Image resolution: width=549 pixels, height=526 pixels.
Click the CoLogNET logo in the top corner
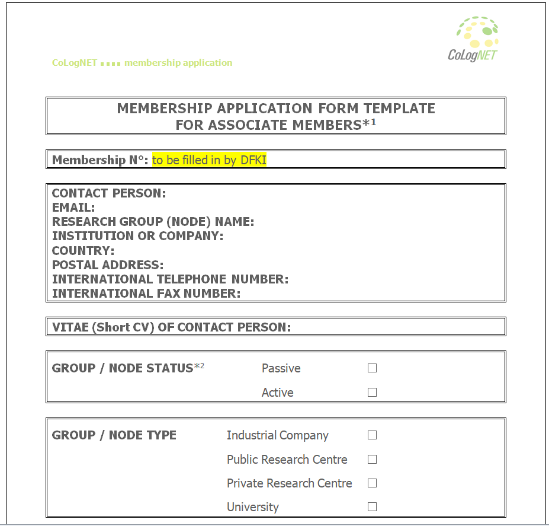(474, 39)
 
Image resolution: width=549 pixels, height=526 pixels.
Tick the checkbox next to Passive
(372, 368)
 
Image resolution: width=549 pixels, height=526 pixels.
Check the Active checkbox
(372, 392)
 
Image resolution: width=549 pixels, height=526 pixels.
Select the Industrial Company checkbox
(372, 435)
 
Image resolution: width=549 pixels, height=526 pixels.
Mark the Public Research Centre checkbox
(372, 459)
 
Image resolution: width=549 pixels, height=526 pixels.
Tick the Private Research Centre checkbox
(372, 483)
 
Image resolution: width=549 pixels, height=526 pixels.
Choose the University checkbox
(372, 506)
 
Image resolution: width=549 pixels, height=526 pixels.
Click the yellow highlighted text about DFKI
(209, 160)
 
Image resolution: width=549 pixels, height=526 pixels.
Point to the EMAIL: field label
(73, 208)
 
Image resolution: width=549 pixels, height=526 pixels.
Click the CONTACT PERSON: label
(109, 193)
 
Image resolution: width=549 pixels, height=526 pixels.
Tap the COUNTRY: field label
(84, 250)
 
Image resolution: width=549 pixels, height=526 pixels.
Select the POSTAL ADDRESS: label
(108, 264)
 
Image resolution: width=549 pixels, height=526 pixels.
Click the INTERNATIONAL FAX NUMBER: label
(146, 293)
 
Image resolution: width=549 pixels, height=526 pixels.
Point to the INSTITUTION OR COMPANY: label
(138, 236)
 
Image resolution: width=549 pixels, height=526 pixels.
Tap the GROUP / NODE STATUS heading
(123, 368)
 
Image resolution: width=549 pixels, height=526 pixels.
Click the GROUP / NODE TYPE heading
(114, 435)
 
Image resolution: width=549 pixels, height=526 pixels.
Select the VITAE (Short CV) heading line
(172, 327)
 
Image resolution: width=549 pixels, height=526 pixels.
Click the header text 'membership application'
(178, 63)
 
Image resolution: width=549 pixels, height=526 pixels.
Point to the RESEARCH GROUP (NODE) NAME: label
(153, 222)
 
